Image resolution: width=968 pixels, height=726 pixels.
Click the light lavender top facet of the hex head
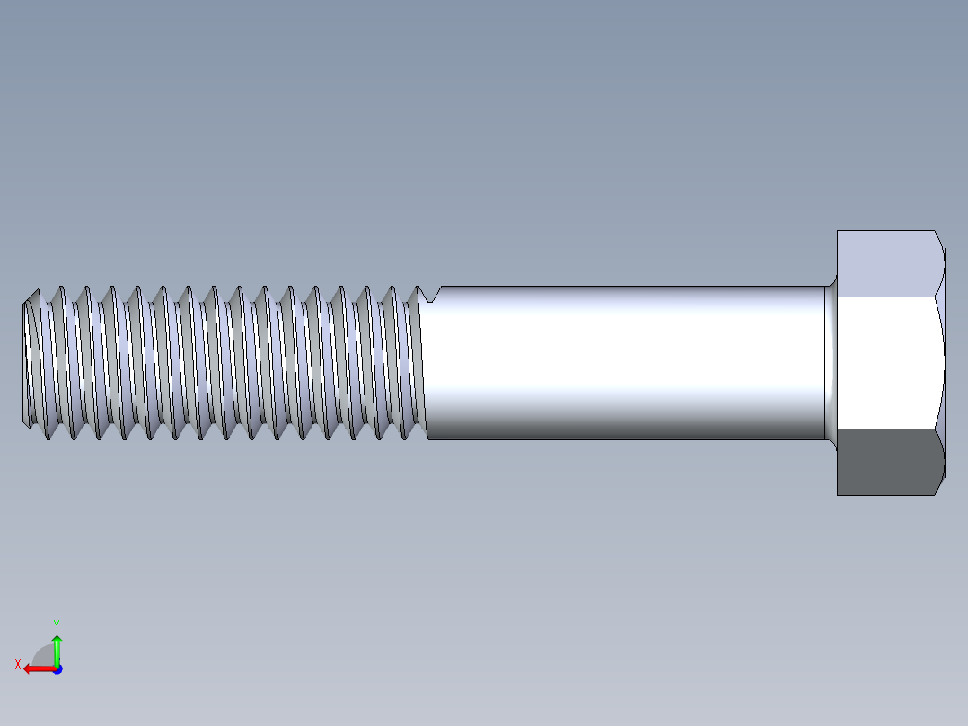(x=889, y=262)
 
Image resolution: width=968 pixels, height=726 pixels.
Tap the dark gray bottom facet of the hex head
(x=889, y=462)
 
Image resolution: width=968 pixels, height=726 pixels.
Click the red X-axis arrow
(x=36, y=668)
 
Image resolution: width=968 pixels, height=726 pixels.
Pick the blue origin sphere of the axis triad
(x=57, y=668)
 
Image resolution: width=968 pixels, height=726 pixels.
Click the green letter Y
(x=56, y=624)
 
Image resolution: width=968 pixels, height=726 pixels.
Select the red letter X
(x=17, y=664)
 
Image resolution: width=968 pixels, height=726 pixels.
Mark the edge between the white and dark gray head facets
(x=889, y=429)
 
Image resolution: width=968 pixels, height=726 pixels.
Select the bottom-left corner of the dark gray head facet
(x=839, y=493)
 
